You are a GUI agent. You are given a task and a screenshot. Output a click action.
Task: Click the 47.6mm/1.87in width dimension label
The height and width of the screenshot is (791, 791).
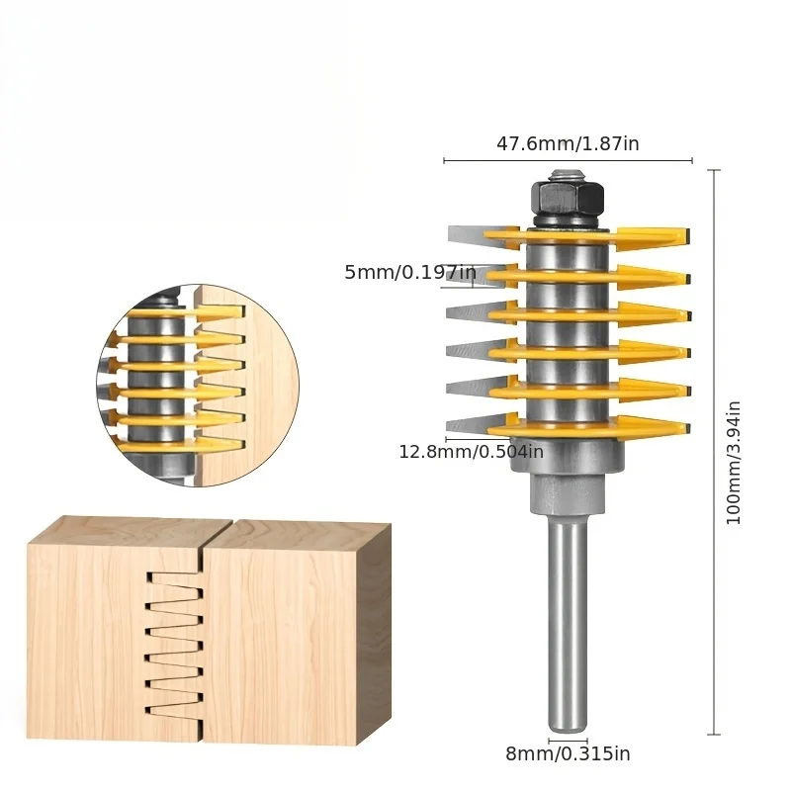[x=568, y=143]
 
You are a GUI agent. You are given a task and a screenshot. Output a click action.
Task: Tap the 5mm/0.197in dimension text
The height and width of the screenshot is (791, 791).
[x=410, y=272]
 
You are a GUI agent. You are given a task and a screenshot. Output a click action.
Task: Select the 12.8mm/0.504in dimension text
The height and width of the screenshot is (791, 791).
[x=471, y=452]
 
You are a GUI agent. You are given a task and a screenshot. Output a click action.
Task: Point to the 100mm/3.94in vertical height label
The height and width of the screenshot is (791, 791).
[x=734, y=462]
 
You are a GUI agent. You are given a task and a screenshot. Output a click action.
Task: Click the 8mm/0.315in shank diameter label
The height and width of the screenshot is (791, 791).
[x=568, y=753]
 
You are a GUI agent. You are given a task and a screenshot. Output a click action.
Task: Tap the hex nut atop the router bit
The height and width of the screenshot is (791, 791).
[x=567, y=201]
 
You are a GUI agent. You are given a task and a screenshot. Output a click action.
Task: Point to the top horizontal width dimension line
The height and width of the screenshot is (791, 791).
[x=568, y=160]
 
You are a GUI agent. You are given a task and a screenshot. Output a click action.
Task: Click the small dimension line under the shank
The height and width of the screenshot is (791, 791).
[x=568, y=738]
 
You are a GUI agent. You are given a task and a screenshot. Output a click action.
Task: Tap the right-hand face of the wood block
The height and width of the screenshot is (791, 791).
[x=374, y=633]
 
